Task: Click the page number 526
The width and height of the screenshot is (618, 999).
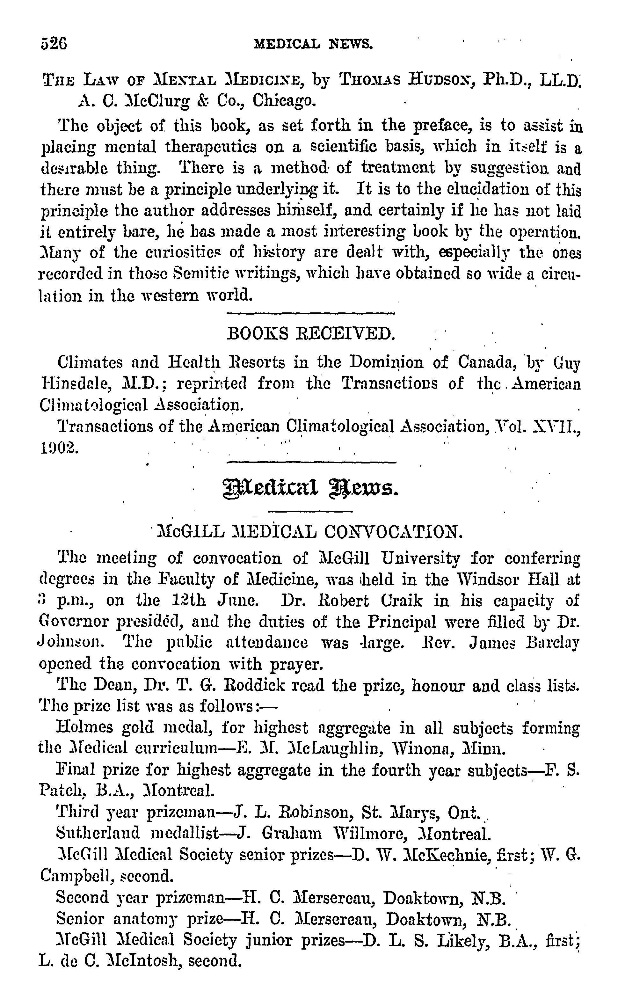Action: click(x=54, y=43)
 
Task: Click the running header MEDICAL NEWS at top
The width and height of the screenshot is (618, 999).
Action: click(x=313, y=43)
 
